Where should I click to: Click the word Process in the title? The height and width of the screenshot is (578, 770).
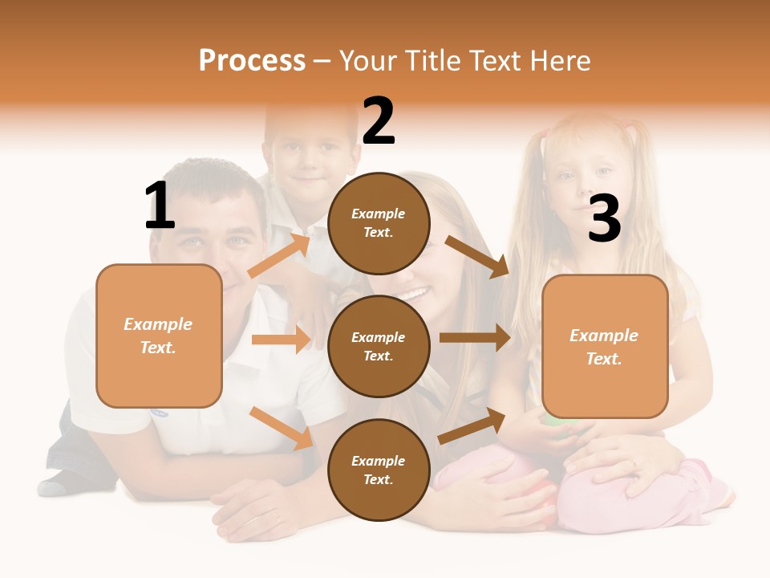[252, 61]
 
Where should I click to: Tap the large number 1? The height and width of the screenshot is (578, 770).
[160, 206]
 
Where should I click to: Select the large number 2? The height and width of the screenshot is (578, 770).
[379, 121]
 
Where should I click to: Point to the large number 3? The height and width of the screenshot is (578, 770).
[604, 219]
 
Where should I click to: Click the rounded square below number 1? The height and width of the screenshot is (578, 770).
[159, 336]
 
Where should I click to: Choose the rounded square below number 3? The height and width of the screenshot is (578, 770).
[605, 346]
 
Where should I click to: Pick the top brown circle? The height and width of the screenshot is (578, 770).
[379, 223]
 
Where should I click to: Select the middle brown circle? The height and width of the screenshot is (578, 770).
[379, 346]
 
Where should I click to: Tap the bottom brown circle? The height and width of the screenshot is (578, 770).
[379, 470]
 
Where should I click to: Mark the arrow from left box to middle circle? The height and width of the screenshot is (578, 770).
[281, 340]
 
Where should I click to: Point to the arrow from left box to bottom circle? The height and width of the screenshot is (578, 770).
[282, 427]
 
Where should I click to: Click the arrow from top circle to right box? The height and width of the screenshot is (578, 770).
[478, 256]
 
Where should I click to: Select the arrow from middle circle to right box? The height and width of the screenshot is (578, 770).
[475, 337]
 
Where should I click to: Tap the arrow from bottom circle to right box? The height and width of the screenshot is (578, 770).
[472, 425]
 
